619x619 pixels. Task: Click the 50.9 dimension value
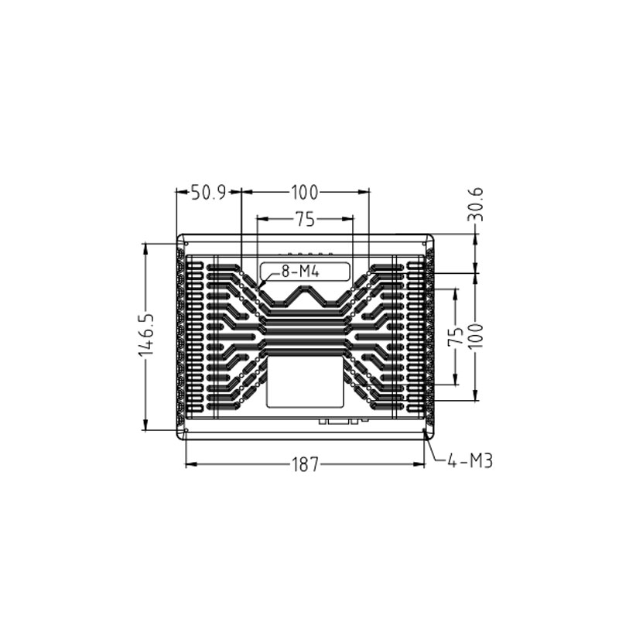(x=209, y=193)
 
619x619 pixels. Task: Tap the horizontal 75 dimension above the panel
(x=305, y=220)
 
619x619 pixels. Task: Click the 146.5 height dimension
(x=146, y=335)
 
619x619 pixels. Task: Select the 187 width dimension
(x=305, y=464)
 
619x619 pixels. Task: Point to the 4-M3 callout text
(x=470, y=461)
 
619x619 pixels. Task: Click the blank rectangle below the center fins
(x=305, y=382)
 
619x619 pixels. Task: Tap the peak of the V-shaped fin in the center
(x=305, y=287)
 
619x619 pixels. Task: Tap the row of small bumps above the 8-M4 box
(x=309, y=254)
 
